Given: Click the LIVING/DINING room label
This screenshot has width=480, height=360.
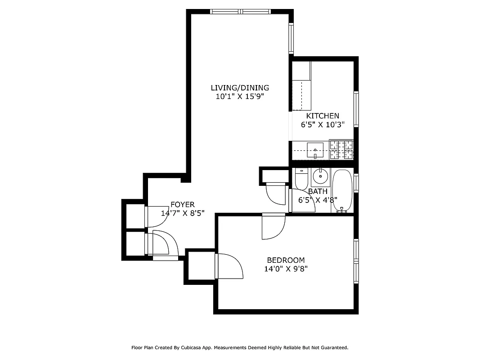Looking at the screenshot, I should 240,88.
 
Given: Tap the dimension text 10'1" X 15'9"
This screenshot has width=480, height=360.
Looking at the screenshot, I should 240,96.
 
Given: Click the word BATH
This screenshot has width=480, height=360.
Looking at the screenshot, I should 318,192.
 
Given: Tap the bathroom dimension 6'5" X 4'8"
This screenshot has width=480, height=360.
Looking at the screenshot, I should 318,200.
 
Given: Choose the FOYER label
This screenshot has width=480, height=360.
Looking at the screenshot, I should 182,205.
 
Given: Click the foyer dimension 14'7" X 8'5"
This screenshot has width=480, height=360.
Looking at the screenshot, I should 182,213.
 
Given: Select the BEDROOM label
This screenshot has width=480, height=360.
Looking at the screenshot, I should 286,260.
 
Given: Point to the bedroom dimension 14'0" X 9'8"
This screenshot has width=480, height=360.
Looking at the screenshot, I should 286,269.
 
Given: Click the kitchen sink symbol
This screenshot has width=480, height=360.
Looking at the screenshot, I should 315,150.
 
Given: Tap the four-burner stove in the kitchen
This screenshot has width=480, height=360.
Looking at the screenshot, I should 341,150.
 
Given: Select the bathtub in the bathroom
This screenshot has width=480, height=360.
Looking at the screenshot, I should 342,190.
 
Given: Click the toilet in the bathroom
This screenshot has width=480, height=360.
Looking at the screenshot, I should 301,179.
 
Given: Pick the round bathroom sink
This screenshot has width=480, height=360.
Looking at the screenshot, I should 320,176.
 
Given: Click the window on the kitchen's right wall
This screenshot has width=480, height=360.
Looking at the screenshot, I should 356,109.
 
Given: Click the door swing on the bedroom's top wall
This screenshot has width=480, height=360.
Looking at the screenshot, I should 274,226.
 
